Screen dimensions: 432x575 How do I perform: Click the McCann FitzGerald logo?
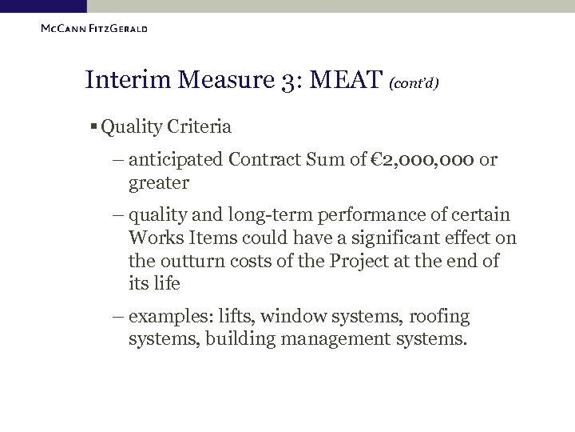(93, 30)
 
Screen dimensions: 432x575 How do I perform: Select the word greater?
(158, 183)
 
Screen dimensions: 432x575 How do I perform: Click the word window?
(289, 317)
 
